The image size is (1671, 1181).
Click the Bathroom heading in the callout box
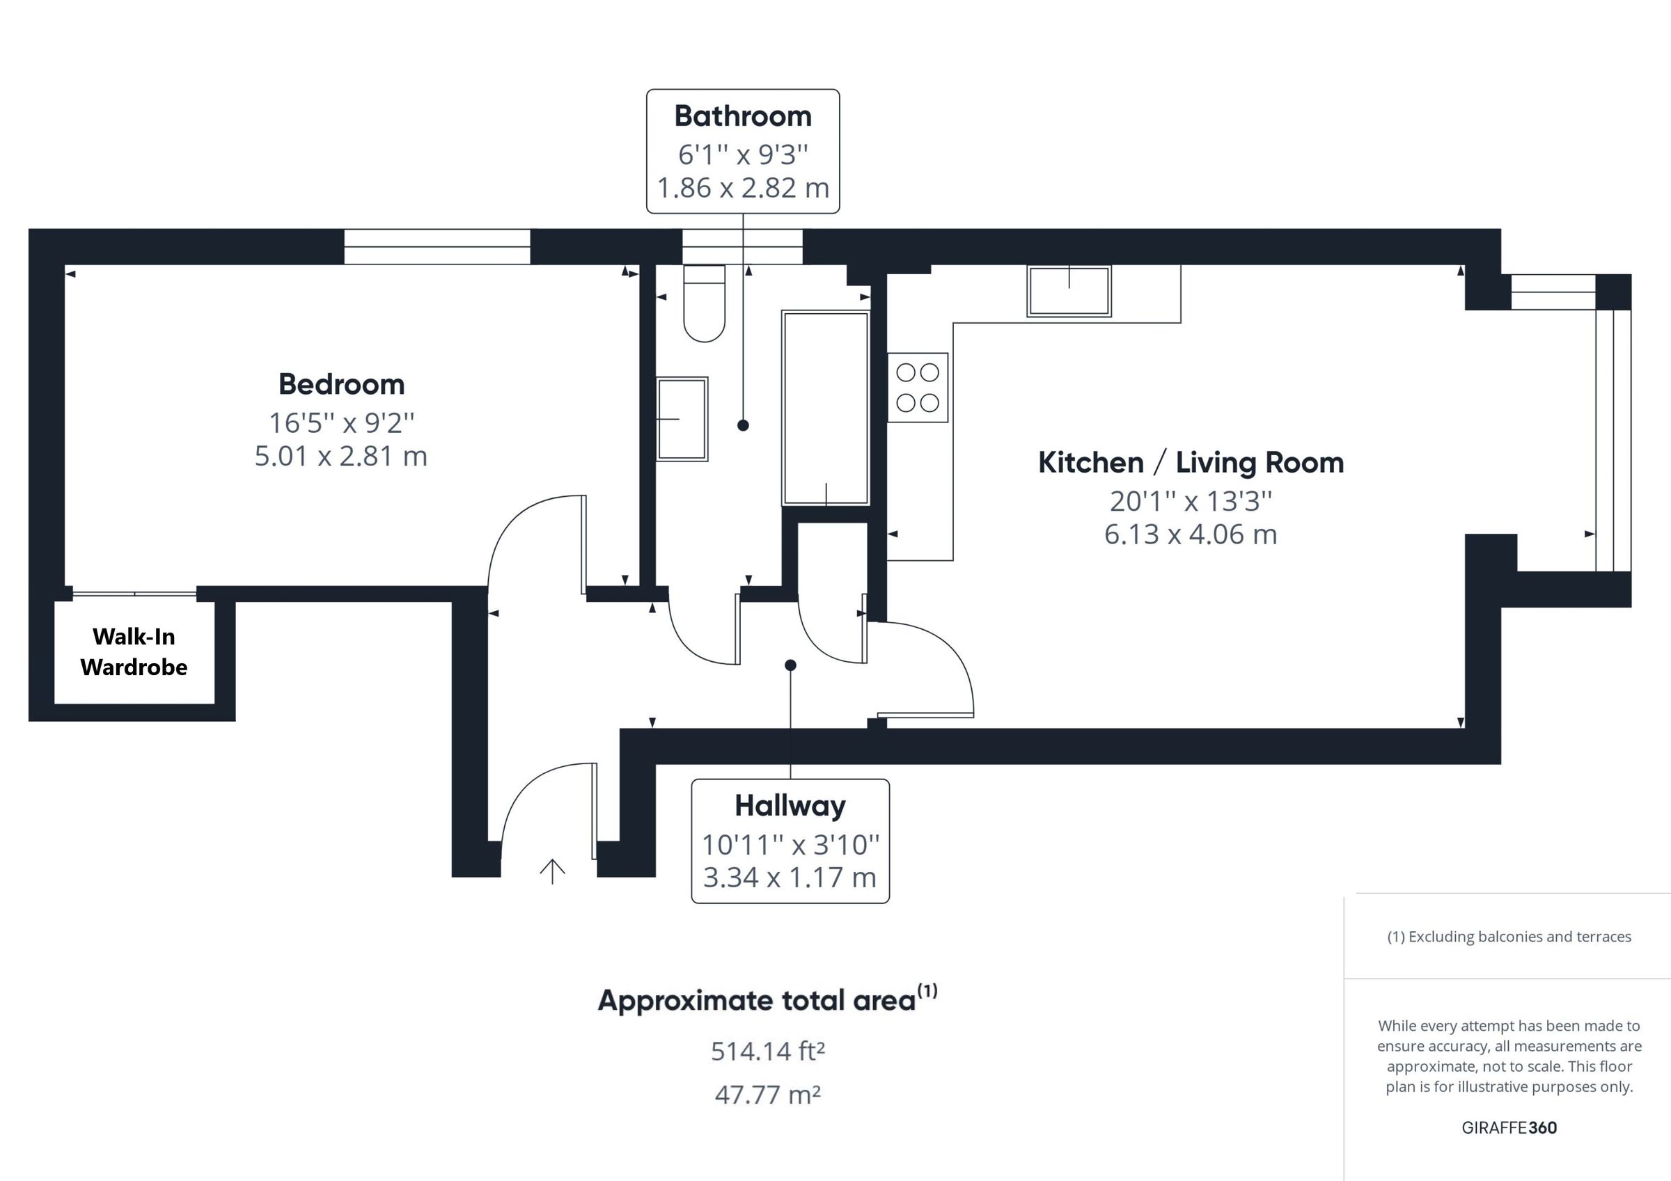[742, 116]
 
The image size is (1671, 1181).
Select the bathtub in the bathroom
[825, 408]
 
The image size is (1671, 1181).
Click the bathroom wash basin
[682, 419]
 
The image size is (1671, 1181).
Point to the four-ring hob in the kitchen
[917, 387]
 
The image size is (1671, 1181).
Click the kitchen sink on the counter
[1068, 291]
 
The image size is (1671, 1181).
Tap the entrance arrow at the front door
[552, 871]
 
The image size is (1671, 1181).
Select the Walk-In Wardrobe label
[134, 652]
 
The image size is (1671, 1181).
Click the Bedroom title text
[341, 384]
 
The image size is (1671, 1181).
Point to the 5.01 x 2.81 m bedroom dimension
[340, 457]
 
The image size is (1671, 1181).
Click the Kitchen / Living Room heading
[1190, 463]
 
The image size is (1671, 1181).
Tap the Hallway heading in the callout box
[790, 805]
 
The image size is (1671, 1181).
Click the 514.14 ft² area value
[767, 1052]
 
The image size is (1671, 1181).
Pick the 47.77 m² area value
[767, 1095]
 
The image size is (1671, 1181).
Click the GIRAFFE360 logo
[1509, 1128]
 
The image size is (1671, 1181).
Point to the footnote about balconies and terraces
[1509, 937]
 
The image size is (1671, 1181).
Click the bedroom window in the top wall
[437, 246]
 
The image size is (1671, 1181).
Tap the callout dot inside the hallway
[790, 665]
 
